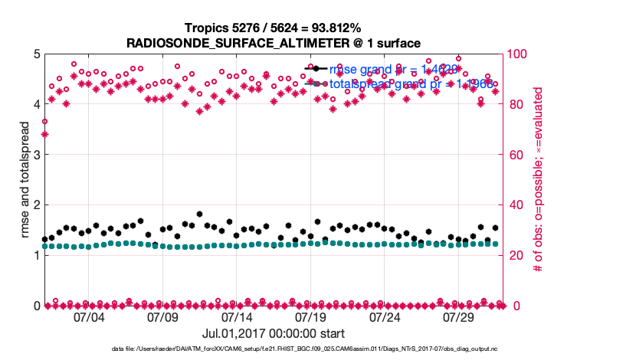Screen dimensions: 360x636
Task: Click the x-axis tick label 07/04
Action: [88, 317]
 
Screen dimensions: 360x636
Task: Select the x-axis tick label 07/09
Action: [162, 317]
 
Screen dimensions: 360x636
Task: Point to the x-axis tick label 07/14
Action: [237, 317]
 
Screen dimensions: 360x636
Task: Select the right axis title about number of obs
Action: [539, 180]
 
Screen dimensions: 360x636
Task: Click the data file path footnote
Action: [274, 349]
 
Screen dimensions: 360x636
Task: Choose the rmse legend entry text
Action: [398, 70]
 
